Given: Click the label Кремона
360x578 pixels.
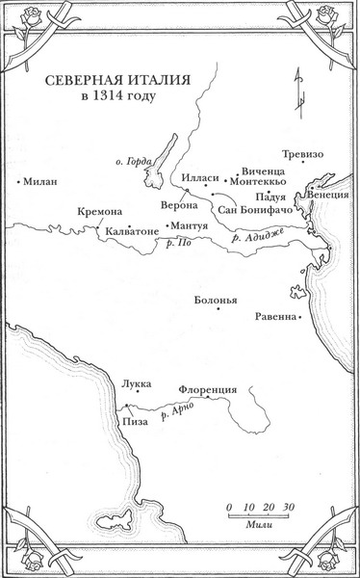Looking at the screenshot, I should coord(96,213).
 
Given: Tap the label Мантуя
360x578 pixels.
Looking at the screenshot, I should coord(190,224).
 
